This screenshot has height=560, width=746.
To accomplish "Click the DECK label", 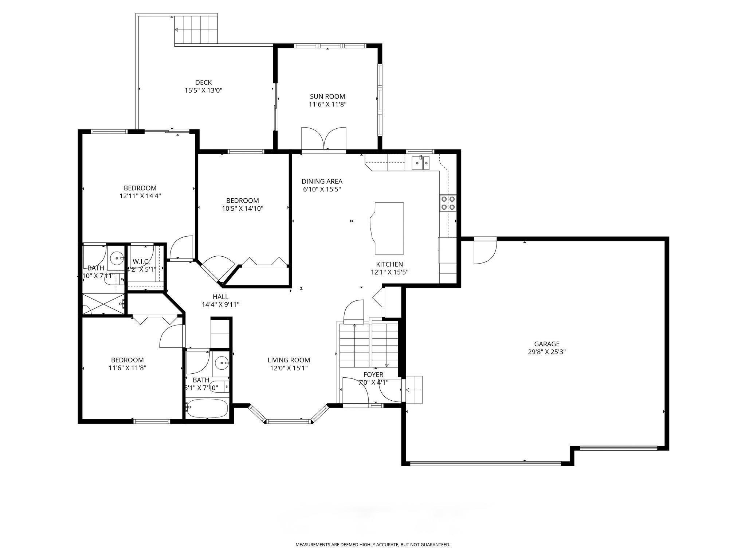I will tap(203, 83).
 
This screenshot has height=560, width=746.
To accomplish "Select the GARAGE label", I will tap(546, 344).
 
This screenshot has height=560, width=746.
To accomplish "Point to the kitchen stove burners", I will tap(448, 203).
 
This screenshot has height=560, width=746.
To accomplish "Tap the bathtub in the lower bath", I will tap(207, 408).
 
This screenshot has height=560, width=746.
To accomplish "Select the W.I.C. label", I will tap(141, 261).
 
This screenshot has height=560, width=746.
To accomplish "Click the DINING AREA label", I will tap(322, 181).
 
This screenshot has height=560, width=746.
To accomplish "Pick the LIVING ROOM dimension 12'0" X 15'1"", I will tap(288, 368).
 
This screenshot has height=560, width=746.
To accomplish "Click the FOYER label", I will tap(373, 374).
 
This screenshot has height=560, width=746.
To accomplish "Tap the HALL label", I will tap(220, 297).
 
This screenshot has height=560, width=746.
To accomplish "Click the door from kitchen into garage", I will tap(484, 251).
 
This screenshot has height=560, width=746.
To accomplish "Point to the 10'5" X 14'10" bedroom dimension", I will tap(242, 209).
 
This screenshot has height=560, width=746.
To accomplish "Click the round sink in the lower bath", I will tap(221, 363).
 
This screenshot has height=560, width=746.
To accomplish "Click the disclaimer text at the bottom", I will tap(372, 544).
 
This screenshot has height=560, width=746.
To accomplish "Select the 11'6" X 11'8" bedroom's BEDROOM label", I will tap(127, 360).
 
